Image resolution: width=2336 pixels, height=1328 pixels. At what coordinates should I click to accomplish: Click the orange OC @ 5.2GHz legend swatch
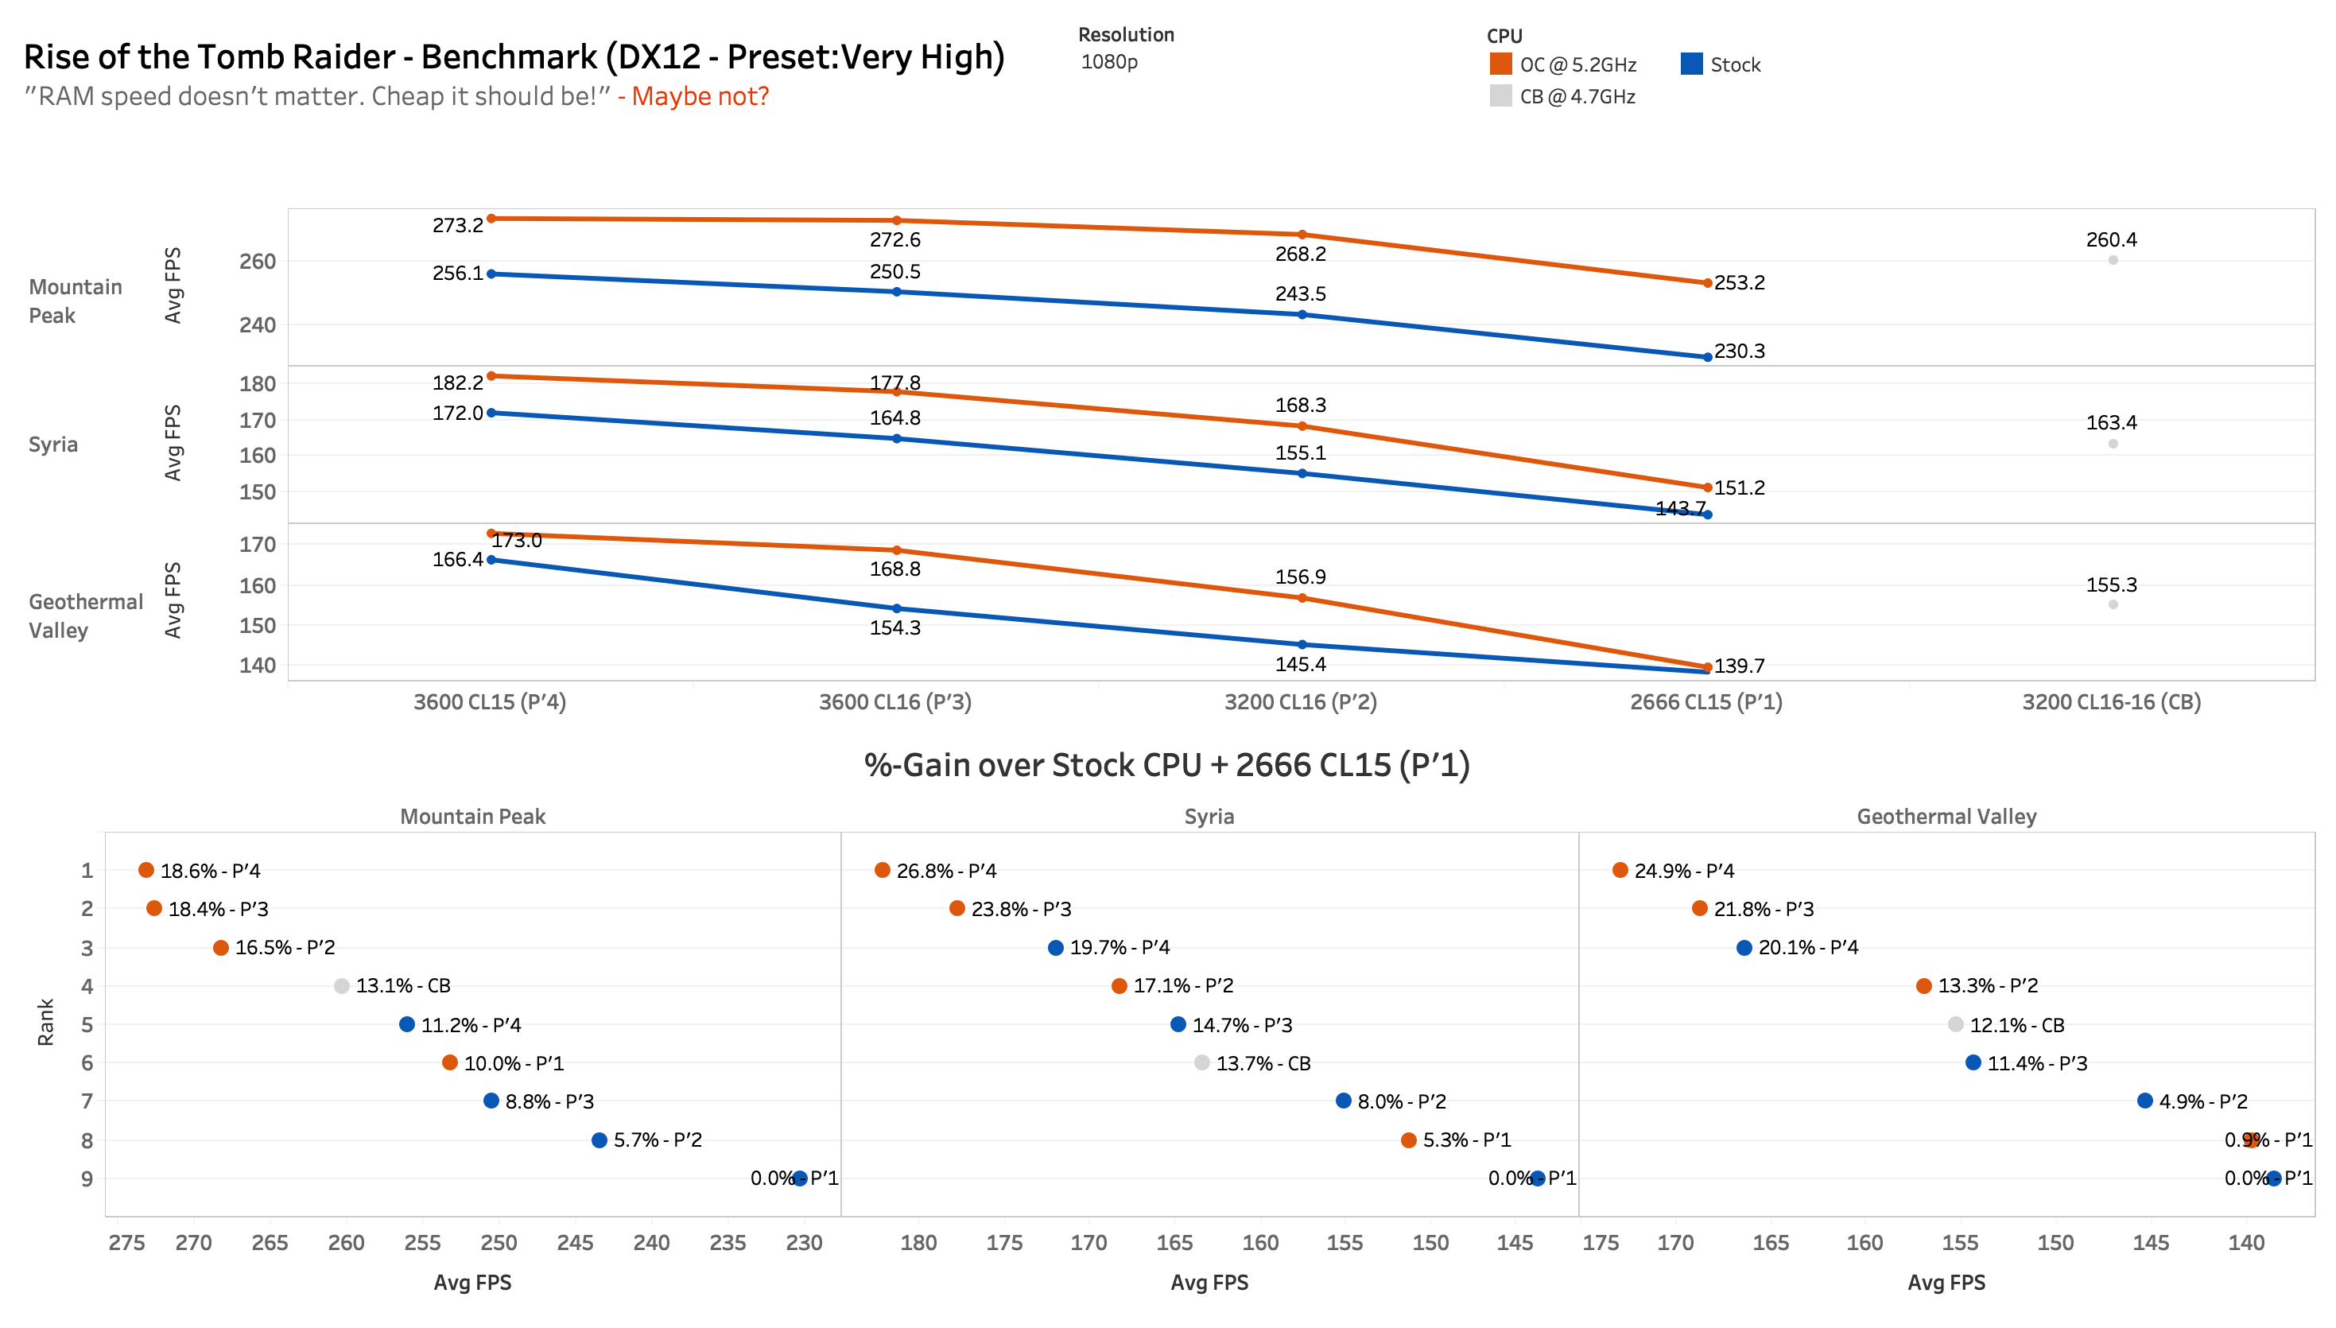(x=1500, y=64)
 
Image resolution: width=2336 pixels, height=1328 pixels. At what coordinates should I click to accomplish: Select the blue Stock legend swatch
(x=1690, y=64)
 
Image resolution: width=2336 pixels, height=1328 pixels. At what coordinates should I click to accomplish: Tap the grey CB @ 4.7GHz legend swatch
(x=1500, y=95)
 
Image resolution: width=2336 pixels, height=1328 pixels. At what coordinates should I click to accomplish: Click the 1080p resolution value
(x=1108, y=62)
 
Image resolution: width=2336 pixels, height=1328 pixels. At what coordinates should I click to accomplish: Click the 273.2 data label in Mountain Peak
(x=457, y=225)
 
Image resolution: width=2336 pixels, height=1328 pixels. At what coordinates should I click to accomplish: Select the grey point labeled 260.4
(x=2112, y=260)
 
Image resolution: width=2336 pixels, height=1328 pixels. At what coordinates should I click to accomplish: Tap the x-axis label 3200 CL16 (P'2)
(x=1299, y=701)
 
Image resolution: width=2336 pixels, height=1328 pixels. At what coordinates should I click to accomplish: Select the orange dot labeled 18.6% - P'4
(x=146, y=870)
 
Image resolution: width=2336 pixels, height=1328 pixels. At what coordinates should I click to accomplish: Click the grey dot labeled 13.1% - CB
(x=341, y=986)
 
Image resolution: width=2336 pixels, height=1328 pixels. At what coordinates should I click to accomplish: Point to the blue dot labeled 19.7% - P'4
(x=1055, y=948)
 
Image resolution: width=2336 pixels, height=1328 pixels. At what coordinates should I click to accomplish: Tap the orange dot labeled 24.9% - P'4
(x=1620, y=870)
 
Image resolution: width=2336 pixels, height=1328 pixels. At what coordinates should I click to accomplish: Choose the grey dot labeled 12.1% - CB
(x=1955, y=1024)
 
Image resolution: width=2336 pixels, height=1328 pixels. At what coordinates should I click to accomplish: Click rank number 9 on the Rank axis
(x=87, y=1179)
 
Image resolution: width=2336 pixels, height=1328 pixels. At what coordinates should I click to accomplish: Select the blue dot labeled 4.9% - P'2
(x=2144, y=1101)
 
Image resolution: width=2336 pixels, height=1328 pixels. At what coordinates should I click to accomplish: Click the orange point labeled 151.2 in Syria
(x=1706, y=487)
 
